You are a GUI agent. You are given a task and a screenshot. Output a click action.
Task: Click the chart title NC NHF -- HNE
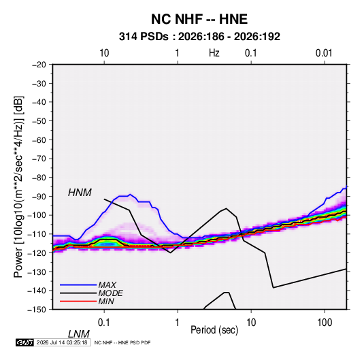click(199, 19)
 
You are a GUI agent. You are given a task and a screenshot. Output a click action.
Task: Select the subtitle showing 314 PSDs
click(199, 37)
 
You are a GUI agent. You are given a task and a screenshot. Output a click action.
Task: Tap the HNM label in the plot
click(80, 193)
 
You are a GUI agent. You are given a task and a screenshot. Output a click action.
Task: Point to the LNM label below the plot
click(79, 334)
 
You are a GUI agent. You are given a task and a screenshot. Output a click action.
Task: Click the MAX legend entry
click(107, 284)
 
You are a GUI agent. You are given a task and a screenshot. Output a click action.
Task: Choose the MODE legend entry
click(110, 293)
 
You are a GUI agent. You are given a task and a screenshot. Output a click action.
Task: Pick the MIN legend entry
click(106, 301)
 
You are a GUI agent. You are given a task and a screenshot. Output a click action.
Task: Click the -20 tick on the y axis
click(39, 65)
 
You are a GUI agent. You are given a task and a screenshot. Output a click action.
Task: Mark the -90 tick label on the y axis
click(39, 196)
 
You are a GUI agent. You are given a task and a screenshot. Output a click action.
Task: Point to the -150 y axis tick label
click(37, 310)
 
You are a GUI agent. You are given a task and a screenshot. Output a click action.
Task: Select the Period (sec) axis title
click(214, 329)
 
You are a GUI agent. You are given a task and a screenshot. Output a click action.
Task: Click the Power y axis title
click(18, 186)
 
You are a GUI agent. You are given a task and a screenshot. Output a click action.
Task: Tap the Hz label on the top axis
click(214, 53)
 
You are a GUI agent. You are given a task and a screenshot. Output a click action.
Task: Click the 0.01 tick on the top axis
click(324, 53)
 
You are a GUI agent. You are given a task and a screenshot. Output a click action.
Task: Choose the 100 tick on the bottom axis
click(325, 322)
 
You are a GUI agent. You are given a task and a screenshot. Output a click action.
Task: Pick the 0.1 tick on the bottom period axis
click(104, 322)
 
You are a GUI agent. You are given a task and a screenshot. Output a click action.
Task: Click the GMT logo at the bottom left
click(25, 342)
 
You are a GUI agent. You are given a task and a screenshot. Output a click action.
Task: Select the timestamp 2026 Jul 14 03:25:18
click(62, 342)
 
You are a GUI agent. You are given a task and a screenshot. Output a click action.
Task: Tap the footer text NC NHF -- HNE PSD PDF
click(122, 342)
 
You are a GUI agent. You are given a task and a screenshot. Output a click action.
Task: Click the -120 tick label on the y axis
click(37, 252)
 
